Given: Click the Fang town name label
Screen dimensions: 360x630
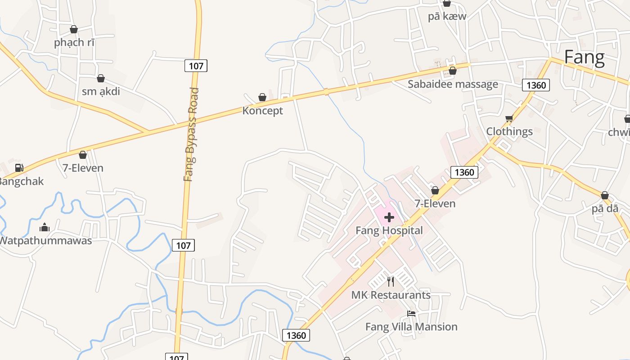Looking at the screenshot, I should point(584,58).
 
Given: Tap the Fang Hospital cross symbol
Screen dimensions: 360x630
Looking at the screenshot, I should point(389,218).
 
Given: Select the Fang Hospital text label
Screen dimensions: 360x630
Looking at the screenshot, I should point(389,231).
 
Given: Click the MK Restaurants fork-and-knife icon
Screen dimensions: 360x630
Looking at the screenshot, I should point(391,282).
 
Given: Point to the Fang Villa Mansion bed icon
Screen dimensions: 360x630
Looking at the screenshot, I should point(411,313).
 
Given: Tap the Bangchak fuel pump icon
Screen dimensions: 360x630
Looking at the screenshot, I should point(19,168).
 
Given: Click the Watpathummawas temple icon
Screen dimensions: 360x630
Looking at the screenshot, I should point(45,227).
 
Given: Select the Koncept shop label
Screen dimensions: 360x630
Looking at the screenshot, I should point(263,111).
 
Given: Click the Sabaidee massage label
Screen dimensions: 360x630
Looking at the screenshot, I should point(453,84).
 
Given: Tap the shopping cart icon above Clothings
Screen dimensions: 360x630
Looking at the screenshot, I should point(509,119).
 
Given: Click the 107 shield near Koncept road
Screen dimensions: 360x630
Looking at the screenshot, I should point(196,66).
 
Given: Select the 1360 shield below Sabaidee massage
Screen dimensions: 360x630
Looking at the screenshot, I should point(535,85).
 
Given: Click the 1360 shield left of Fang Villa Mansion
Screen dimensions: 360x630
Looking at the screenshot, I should point(296,335).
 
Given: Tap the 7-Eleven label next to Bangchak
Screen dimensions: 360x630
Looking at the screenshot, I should point(83,168).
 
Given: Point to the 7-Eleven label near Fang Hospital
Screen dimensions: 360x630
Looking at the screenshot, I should point(435,204).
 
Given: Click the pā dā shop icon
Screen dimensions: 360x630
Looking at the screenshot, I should point(604,195).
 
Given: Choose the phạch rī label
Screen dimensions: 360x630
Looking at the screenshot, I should point(74,43).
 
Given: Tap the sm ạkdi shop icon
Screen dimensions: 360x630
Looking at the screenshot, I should point(101,79).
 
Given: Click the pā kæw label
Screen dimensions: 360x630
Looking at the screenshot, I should point(447,17).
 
